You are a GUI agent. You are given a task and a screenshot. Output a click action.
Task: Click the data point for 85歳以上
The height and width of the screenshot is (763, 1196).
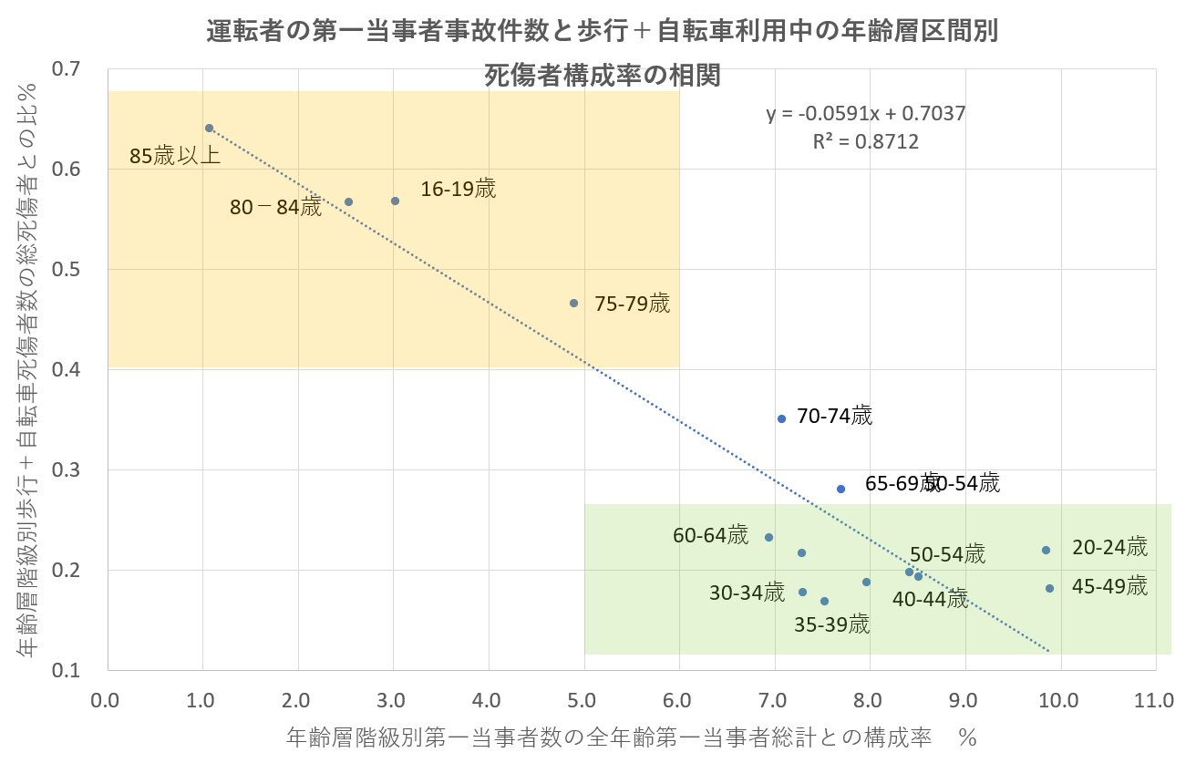[209, 129]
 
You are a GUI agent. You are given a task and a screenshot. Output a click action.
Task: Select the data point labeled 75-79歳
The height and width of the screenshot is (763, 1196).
[573, 303]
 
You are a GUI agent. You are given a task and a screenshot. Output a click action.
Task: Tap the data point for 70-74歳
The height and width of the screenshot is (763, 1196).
[781, 418]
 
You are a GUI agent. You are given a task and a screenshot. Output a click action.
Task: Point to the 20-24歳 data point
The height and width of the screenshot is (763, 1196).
[1046, 550]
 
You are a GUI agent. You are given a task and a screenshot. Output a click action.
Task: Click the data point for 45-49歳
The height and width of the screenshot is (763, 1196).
[1049, 588]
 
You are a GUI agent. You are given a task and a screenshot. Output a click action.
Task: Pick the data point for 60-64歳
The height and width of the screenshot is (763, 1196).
[768, 538]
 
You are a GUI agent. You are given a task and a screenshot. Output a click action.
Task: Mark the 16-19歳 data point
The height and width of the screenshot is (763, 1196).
[395, 201]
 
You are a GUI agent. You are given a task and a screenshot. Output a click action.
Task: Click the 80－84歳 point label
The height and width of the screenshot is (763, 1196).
[275, 208]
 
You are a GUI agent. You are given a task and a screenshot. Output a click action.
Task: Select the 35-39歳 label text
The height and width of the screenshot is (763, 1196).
[831, 625]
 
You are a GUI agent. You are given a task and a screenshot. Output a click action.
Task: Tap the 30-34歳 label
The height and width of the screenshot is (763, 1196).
[747, 593]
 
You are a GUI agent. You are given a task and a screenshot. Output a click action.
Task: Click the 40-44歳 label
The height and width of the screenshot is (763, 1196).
[930, 599]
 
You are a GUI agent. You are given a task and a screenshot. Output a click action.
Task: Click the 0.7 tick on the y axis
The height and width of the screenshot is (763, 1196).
[74, 69]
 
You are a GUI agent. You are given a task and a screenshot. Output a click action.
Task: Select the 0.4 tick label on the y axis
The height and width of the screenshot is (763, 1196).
[74, 370]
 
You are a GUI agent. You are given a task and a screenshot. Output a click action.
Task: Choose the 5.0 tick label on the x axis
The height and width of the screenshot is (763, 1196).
[583, 701]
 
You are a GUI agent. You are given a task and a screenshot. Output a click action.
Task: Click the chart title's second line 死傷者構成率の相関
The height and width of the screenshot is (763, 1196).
[602, 75]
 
